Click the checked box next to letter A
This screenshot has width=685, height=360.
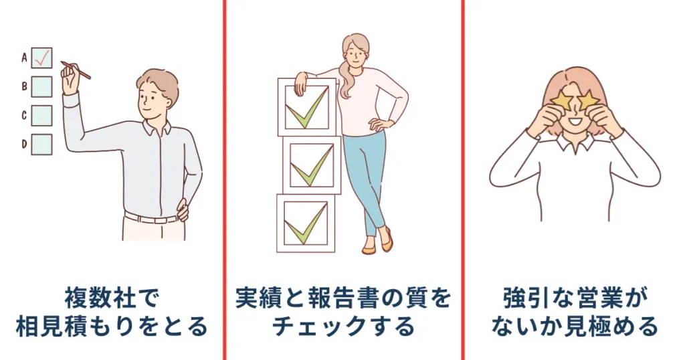point(41,58)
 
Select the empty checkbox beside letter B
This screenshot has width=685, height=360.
point(41,86)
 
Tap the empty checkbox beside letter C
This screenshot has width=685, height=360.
point(41,115)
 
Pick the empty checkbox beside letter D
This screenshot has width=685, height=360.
point(41,144)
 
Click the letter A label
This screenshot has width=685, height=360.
point(24,58)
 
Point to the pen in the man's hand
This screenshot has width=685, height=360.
point(76,70)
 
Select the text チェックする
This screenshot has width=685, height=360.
point(342,327)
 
